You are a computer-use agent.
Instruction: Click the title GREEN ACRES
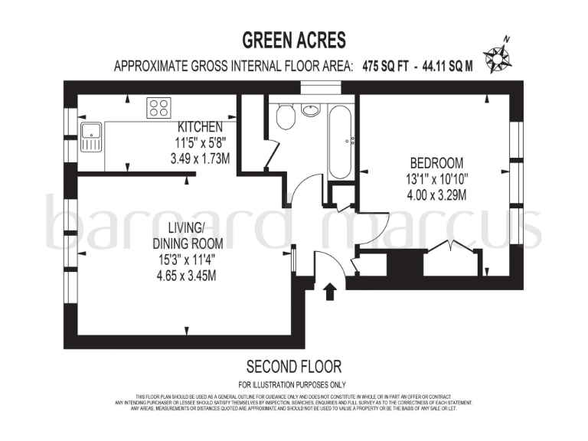[294, 39]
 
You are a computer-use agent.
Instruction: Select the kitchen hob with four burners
[159, 108]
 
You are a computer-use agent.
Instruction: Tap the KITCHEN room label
[200, 126]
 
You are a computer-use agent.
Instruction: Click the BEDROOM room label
[436, 162]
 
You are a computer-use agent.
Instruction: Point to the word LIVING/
[186, 227]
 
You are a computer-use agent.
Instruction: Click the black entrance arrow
[330, 292]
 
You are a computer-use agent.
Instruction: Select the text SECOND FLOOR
[293, 367]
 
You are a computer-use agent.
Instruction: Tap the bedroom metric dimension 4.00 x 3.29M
[437, 194]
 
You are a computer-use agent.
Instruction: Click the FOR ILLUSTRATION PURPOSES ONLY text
[293, 384]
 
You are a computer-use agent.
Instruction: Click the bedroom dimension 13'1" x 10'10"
[437, 178]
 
